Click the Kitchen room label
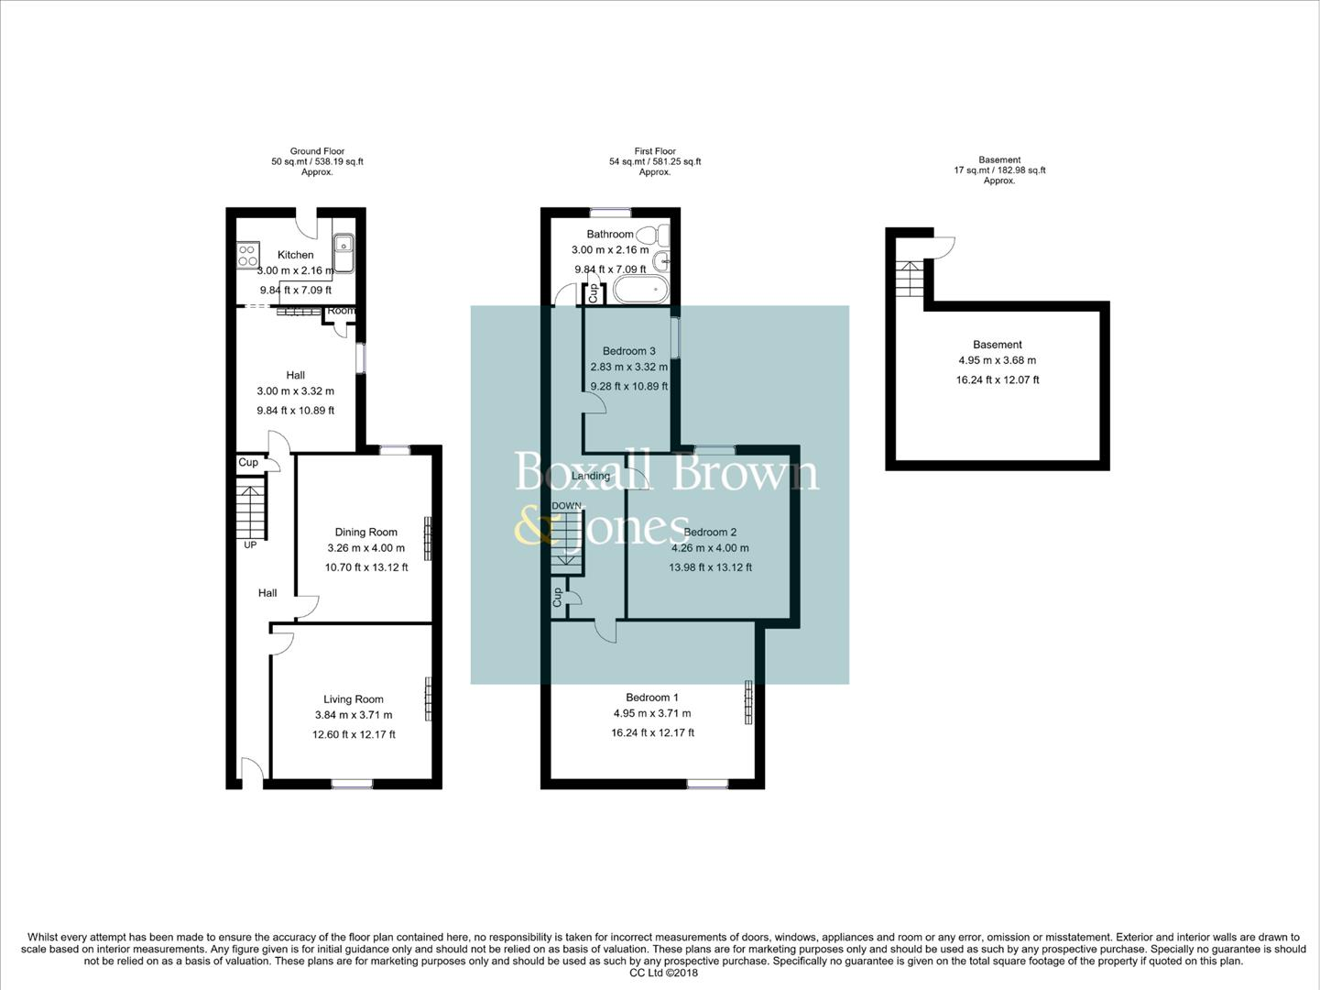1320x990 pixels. point(296,255)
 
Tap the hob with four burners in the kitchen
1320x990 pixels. point(247,254)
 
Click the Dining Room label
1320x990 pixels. point(365,532)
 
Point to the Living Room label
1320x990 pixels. point(353,699)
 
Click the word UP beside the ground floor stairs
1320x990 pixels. point(250,545)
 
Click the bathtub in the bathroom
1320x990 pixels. point(640,291)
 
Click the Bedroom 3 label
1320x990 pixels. point(628,351)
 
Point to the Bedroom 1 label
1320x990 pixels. point(652,698)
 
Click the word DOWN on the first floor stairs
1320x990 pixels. point(566,506)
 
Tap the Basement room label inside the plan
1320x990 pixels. point(998,345)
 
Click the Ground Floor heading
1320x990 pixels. point(317,151)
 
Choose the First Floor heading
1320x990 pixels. point(655,151)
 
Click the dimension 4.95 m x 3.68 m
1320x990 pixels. point(998,361)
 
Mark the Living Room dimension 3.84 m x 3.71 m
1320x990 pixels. point(353,716)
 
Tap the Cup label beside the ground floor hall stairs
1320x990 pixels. point(248,463)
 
